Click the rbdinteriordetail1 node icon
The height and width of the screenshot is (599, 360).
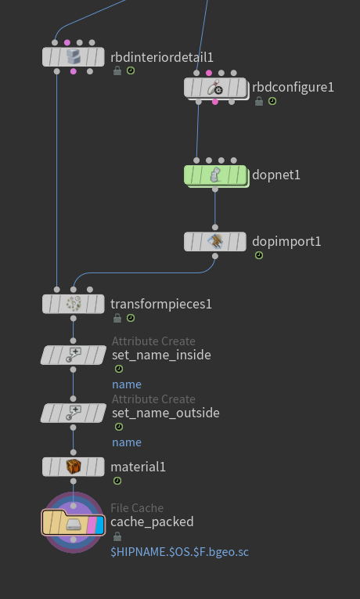tap(74, 57)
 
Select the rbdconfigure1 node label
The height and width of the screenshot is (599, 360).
tap(293, 87)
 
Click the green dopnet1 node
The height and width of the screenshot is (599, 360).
tap(215, 175)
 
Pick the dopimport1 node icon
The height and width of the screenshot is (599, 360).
tap(215, 241)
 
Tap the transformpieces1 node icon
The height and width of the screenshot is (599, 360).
tap(74, 304)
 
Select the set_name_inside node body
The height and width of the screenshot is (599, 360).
tap(74, 355)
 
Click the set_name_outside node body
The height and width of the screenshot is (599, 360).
tap(74, 413)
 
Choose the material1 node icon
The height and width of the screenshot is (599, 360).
tap(74, 467)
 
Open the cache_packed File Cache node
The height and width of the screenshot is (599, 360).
tap(74, 522)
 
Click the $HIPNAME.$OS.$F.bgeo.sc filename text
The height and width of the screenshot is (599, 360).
tap(179, 552)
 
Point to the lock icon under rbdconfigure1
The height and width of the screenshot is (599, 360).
tap(259, 101)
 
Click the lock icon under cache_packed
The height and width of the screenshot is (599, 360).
tap(117, 537)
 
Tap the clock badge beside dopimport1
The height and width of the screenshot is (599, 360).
tap(259, 255)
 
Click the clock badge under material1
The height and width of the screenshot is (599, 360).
tap(117, 481)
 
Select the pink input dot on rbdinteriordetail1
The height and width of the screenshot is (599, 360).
tap(67, 42)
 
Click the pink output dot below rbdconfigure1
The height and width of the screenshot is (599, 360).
tap(215, 102)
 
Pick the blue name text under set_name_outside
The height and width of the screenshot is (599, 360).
tap(127, 442)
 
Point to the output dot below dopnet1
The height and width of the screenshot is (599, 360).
tap(215, 189)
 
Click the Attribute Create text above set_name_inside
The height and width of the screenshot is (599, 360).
tap(153, 341)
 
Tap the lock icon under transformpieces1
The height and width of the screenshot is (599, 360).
tap(117, 318)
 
